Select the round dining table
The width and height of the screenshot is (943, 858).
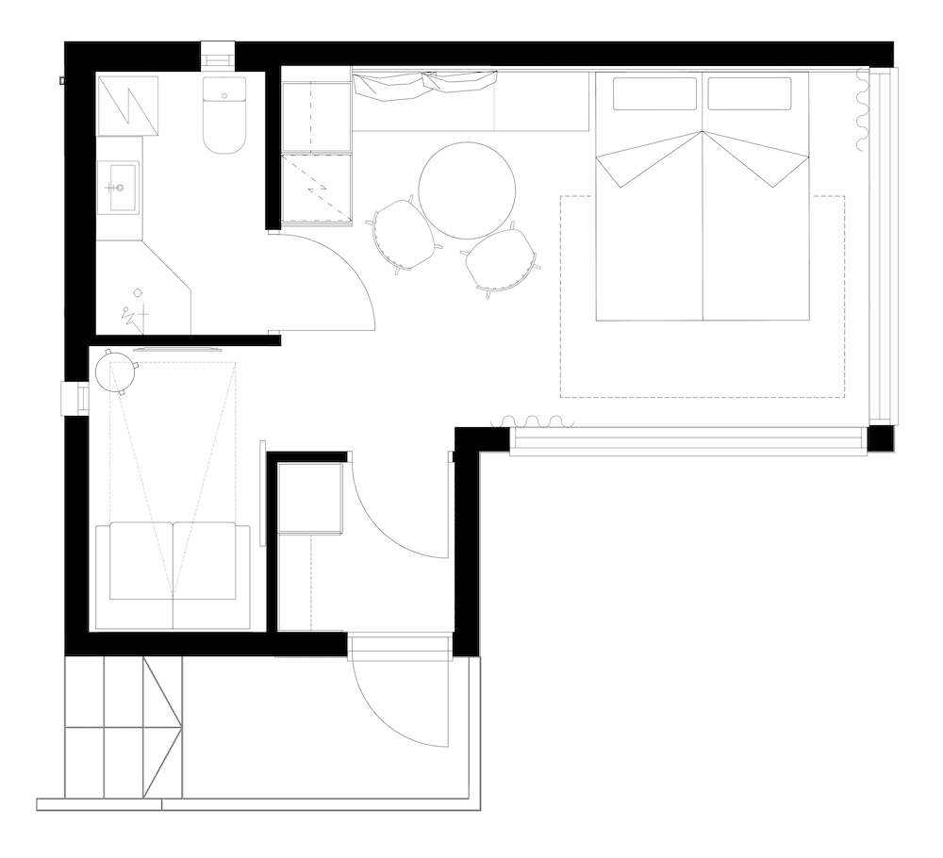[467, 190]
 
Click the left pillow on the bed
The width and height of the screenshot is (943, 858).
[654, 93]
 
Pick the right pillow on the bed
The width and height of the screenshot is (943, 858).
[749, 93]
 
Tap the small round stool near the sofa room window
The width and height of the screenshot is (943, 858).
[116, 372]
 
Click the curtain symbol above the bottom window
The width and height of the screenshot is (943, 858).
[534, 421]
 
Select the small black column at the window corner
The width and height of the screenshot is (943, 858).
[880, 438]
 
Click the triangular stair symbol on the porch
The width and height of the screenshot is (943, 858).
[161, 726]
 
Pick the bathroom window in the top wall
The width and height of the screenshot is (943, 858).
[218, 55]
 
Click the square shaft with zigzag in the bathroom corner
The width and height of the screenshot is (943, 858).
[127, 105]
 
